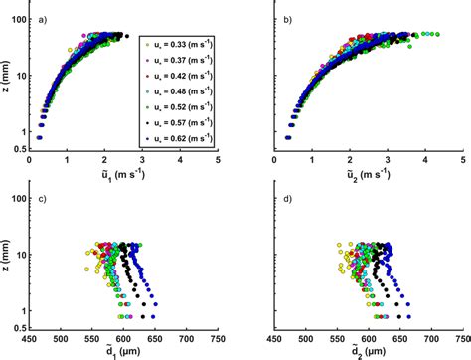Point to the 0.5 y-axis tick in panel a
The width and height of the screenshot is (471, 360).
point(18,153)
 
